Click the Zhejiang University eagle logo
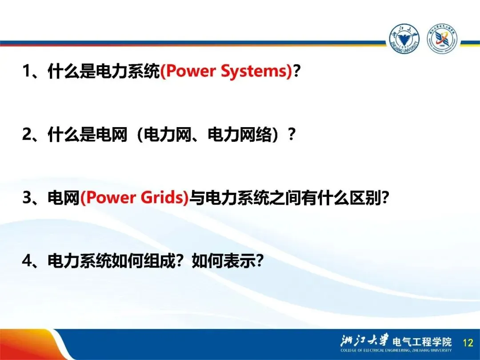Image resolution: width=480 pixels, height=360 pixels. (x=404, y=39)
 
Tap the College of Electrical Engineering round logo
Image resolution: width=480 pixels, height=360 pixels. (x=442, y=39)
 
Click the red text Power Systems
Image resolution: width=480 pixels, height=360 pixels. (x=226, y=71)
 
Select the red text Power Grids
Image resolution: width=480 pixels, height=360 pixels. (x=134, y=197)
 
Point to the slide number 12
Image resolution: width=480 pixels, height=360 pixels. (x=468, y=342)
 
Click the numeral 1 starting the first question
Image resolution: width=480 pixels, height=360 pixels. (x=27, y=71)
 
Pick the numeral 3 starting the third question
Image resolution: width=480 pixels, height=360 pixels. (x=27, y=197)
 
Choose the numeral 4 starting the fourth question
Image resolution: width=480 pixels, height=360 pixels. (x=27, y=261)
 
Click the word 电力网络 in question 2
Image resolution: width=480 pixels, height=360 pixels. (x=240, y=134)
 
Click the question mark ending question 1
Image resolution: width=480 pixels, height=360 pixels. (x=296, y=71)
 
